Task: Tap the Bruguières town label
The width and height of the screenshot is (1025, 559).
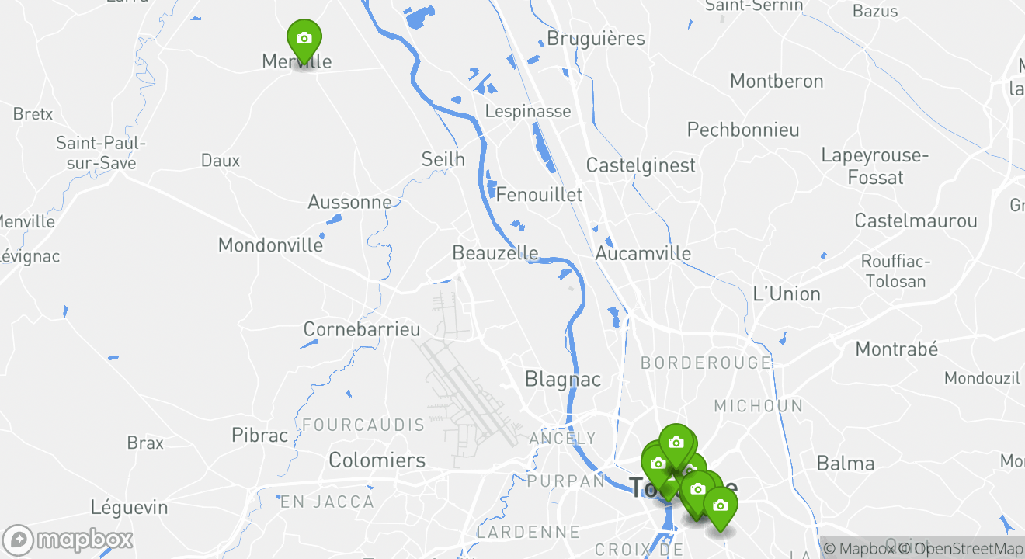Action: click(x=596, y=38)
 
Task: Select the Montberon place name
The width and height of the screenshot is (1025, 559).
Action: click(x=777, y=81)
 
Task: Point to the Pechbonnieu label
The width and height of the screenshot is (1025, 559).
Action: click(x=743, y=129)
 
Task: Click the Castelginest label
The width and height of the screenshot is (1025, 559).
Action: click(x=641, y=165)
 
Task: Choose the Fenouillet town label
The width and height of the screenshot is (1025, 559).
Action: click(x=539, y=194)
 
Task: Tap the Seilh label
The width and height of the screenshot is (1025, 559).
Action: click(x=443, y=159)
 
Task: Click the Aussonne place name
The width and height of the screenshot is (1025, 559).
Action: click(x=349, y=202)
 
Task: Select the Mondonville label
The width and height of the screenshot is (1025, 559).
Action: click(x=270, y=245)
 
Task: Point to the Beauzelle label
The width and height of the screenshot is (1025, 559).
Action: click(x=495, y=253)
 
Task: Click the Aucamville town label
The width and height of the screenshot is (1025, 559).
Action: click(x=643, y=253)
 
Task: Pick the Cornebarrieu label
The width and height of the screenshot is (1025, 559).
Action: click(x=361, y=329)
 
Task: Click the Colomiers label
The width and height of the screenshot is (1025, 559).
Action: click(x=377, y=460)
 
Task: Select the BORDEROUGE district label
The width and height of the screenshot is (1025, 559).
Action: click(x=706, y=363)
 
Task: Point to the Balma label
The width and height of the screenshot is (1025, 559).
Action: click(x=846, y=464)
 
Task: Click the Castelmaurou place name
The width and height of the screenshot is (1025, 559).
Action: click(x=916, y=220)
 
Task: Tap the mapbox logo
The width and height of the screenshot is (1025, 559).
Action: click(x=68, y=540)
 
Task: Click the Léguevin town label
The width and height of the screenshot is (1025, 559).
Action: click(x=129, y=508)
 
